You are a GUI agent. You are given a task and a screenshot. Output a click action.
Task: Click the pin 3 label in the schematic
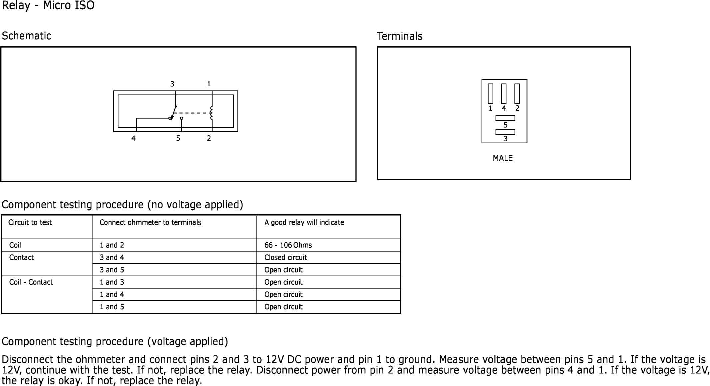(x=172, y=84)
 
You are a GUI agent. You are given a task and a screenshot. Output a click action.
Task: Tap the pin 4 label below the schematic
(x=133, y=138)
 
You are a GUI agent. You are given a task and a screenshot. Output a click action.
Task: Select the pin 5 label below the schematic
(x=178, y=138)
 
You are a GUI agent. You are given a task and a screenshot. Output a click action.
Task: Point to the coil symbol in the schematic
(x=211, y=113)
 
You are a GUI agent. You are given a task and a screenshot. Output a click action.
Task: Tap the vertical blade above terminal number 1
(x=490, y=94)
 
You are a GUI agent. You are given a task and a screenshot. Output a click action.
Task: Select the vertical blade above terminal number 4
(x=504, y=94)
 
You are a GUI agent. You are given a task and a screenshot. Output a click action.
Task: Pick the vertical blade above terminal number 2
(x=517, y=94)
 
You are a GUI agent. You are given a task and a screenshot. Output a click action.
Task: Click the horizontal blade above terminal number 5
(x=505, y=118)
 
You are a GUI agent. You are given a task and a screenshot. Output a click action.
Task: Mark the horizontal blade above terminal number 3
(x=505, y=132)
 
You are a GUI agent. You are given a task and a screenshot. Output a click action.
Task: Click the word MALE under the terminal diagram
(x=503, y=158)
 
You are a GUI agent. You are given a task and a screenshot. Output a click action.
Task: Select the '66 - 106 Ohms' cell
(x=288, y=245)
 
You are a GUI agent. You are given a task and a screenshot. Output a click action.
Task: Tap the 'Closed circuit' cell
(x=286, y=258)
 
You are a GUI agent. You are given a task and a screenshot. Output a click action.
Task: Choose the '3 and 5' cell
(x=112, y=270)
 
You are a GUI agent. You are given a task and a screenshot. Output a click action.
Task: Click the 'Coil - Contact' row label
(x=31, y=282)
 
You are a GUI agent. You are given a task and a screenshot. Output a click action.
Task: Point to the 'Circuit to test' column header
(x=30, y=223)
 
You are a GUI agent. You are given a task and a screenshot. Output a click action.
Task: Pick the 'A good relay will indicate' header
(x=304, y=223)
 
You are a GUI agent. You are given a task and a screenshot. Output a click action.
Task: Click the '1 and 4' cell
(x=112, y=295)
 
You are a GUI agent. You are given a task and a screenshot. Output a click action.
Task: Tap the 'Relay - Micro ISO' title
(x=48, y=6)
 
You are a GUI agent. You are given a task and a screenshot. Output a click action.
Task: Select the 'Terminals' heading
(x=400, y=36)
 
